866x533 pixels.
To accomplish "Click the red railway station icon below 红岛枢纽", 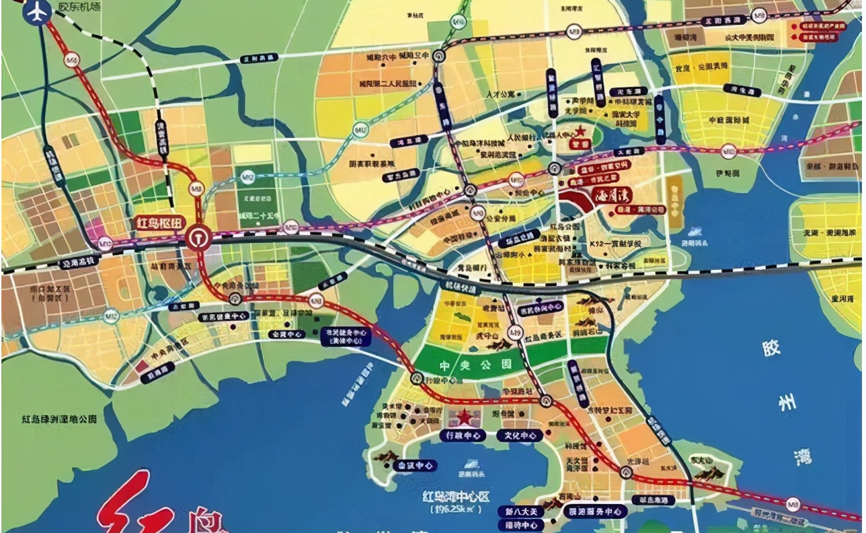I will point(198,238).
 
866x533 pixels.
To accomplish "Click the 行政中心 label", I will point(464,435).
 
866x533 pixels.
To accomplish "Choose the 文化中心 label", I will point(520,435).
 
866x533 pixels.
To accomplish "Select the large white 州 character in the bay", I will point(787,403).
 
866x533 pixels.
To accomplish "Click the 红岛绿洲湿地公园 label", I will point(59,419).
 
